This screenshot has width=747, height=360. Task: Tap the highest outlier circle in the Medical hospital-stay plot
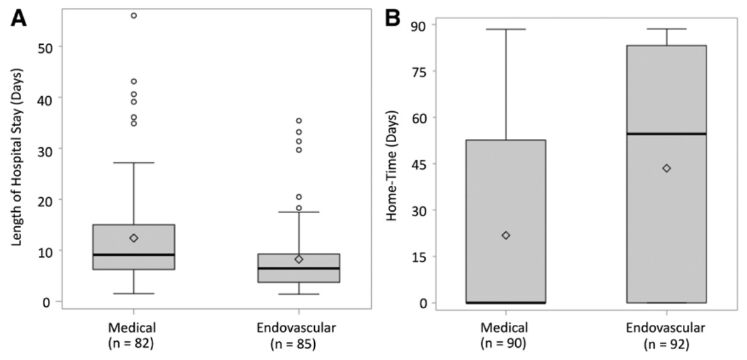134,15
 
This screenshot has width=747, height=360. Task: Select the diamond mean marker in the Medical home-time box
505,235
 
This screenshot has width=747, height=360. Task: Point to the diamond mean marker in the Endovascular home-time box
666,168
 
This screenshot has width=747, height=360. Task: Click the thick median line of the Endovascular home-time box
666,134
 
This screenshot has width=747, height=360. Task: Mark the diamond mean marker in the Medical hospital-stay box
134,238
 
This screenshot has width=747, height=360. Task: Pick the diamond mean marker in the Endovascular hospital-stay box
298,259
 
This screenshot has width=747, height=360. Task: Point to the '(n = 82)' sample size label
133,343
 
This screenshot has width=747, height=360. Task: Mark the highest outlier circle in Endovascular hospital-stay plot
298,121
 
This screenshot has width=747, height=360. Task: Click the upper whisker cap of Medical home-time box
505,29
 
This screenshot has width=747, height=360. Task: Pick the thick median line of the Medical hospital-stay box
134,255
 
